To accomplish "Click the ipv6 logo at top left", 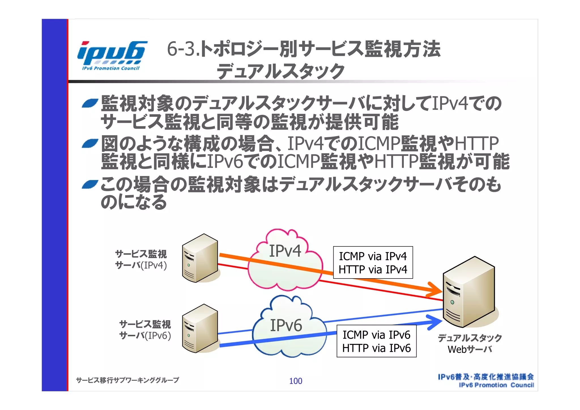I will click(112, 55).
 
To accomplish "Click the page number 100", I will click(295, 381).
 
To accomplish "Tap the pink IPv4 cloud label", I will click(285, 251).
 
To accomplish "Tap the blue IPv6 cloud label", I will click(286, 325).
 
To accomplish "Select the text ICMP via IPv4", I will click(373, 256).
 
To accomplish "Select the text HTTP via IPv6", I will click(376, 348).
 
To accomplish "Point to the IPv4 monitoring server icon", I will click(200, 258).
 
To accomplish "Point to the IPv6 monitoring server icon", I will click(200, 329).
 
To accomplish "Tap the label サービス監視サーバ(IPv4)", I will click(141, 260).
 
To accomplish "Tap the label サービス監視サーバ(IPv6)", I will click(145, 330).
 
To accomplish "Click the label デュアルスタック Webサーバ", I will click(470, 343).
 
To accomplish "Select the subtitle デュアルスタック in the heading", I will click(280, 71).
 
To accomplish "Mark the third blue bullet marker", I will click(90, 184).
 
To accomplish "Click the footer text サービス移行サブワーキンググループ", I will click(127, 380).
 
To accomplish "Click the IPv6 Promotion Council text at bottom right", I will click(496, 385).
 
